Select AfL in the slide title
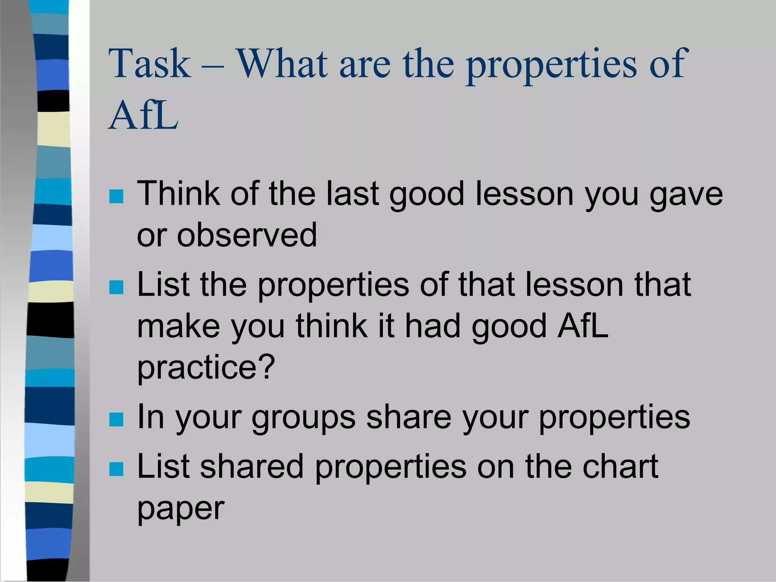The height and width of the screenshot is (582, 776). pyautogui.click(x=143, y=115)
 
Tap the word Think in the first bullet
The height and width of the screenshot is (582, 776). pyautogui.click(x=178, y=194)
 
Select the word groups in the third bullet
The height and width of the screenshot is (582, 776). pyautogui.click(x=304, y=418)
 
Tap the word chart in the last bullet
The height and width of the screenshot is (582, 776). pyautogui.click(x=620, y=466)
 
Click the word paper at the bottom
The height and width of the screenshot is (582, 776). pyautogui.click(x=181, y=509)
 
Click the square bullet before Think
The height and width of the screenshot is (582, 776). pyautogui.click(x=116, y=196)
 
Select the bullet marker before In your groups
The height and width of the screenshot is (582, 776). pyautogui.click(x=116, y=420)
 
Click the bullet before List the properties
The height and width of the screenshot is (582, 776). pyautogui.click(x=116, y=287)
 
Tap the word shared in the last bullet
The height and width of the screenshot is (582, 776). pyautogui.click(x=252, y=466)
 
